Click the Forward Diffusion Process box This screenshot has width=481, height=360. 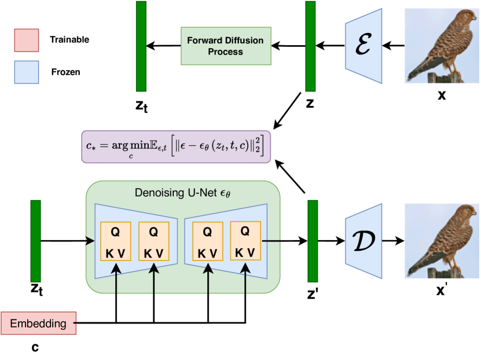pyautogui.click(x=226, y=45)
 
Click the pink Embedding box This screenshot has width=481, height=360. pyautogui.click(x=39, y=323)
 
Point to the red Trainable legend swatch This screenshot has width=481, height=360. pyautogui.click(x=27, y=40)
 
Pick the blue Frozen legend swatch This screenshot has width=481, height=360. pyautogui.click(x=27, y=72)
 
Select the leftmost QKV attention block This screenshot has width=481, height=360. pyautogui.click(x=115, y=241)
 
